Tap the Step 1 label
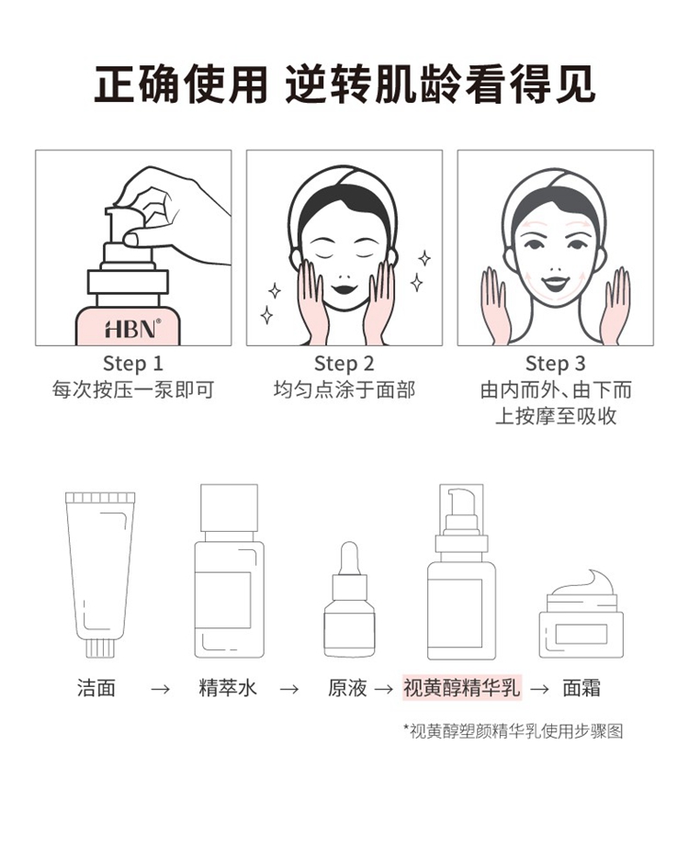pyautogui.click(x=133, y=364)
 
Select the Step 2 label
pyautogui.click(x=344, y=364)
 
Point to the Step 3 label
pyautogui.click(x=555, y=364)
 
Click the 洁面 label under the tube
pyautogui.click(x=96, y=688)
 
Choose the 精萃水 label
pyautogui.click(x=228, y=688)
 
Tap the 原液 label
pyautogui.click(x=347, y=688)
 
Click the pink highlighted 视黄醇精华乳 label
pyautogui.click(x=462, y=688)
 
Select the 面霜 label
pyautogui.click(x=582, y=688)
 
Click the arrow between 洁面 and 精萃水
pyautogui.click(x=160, y=689)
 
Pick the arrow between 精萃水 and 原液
pyautogui.click(x=288, y=689)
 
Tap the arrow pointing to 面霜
pyautogui.click(x=539, y=689)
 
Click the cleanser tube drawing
pyautogui.click(x=100, y=574)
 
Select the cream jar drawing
pyautogui.click(x=582, y=614)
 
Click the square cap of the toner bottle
pyautogui.click(x=229, y=508)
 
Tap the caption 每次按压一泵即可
pyautogui.click(x=133, y=390)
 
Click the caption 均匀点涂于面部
pyautogui.click(x=344, y=390)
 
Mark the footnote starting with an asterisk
pyautogui.click(x=513, y=731)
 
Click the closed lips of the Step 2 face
pyautogui.click(x=344, y=288)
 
